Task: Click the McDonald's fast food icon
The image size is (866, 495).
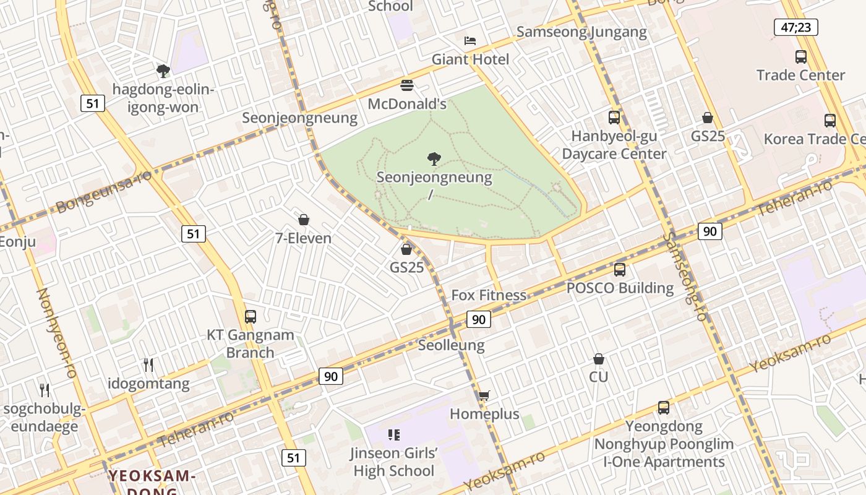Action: (x=407, y=85)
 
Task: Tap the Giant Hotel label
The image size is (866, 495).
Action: (x=470, y=59)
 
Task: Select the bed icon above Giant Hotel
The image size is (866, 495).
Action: (x=470, y=41)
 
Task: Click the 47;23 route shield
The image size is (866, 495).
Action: (x=795, y=27)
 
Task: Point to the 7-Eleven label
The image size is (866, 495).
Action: (x=303, y=238)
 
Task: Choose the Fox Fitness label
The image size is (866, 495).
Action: (x=489, y=295)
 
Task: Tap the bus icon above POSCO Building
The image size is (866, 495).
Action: (x=620, y=270)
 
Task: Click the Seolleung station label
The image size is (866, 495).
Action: (x=452, y=345)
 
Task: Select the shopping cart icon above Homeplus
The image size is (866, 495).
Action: (x=484, y=395)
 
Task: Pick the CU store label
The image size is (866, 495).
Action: (x=598, y=377)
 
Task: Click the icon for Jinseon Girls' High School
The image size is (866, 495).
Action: (x=393, y=435)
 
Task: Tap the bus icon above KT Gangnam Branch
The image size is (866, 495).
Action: (x=250, y=317)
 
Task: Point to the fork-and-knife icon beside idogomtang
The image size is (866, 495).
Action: (x=148, y=365)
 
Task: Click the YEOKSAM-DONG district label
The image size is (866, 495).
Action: (x=152, y=476)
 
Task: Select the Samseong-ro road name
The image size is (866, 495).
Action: (x=684, y=276)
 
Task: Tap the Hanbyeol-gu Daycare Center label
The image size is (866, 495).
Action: (x=614, y=145)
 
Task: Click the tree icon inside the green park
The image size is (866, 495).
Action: (x=434, y=158)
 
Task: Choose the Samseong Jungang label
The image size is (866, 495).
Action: (x=581, y=32)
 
